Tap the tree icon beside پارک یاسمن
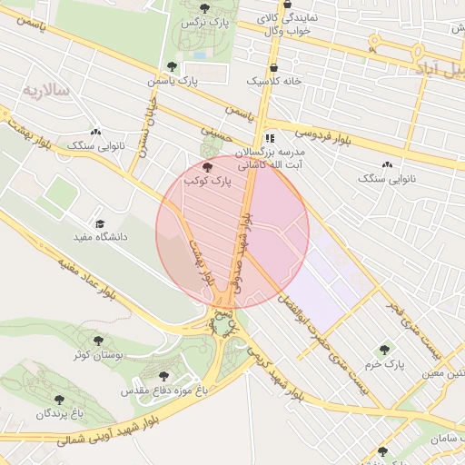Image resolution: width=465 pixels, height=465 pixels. click(173, 66)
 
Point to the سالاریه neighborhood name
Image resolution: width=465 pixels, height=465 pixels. click(46, 90)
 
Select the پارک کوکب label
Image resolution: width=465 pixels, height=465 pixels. click(208, 183)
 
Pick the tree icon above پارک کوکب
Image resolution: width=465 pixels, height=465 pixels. click(208, 167)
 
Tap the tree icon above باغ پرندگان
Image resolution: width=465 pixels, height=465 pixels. click(60, 400)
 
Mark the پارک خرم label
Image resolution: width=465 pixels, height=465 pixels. click(385, 364)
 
